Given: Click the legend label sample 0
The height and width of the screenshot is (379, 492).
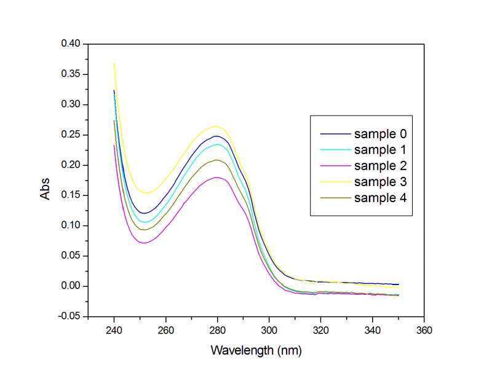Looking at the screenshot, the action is pos(380,134).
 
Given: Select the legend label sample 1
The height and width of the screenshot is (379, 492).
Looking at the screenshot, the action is pos(380,150).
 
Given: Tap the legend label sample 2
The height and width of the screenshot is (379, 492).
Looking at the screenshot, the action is pos(380,166).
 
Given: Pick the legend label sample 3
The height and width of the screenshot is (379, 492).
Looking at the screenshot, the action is pos(380,182).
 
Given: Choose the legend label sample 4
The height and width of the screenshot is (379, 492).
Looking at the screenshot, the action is pos(380,198).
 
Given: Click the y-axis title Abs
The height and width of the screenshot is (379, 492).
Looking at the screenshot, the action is pos(45,189).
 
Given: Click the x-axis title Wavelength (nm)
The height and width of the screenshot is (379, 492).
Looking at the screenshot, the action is pos(256,350).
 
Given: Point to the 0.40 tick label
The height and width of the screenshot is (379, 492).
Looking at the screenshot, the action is pos(71,44).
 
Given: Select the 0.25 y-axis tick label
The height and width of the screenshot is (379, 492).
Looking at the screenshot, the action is pos(71,135).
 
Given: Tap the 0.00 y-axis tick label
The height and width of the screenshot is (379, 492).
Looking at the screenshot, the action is pos(71,286).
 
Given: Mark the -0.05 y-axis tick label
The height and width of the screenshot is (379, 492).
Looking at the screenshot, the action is pos(69,316).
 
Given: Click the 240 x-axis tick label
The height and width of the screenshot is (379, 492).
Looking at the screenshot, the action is pos(114,330).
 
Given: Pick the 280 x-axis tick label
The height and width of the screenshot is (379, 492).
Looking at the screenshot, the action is pos(218,330).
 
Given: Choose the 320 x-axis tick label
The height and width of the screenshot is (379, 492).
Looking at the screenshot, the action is pos(320,330).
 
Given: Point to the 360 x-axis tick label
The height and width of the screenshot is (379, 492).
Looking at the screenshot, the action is pos(424,330).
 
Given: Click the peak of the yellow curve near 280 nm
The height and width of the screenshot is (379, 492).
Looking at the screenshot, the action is pos(216,127).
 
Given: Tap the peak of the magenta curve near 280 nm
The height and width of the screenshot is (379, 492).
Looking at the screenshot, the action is pos(216,178).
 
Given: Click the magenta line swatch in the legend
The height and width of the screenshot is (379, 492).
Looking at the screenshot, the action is pos(335,166).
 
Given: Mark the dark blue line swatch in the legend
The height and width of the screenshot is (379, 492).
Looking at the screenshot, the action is pos(335,134).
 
